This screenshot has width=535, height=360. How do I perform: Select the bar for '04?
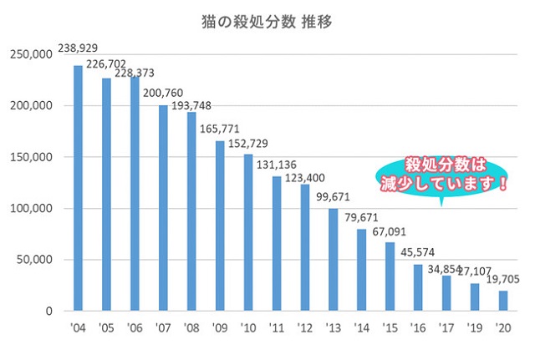pyautogui.click(x=78, y=188)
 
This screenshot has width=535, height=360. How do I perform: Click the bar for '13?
pyautogui.click(x=333, y=259)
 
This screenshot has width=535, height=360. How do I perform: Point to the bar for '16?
pyautogui.click(x=418, y=287)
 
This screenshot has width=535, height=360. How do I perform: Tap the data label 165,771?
pyautogui.click(x=220, y=129)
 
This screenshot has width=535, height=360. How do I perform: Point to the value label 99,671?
pyautogui.click(x=334, y=198)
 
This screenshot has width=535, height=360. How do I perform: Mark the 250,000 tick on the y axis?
pyautogui.click(x=32, y=55)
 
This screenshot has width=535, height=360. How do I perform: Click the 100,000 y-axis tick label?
pyautogui.click(x=32, y=209)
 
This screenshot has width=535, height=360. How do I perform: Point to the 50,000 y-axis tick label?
pyautogui.click(x=35, y=260)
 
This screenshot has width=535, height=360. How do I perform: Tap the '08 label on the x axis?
pyautogui.click(x=191, y=327)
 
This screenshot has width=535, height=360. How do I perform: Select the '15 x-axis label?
pyautogui.click(x=390, y=327)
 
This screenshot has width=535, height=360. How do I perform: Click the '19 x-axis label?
pyautogui.click(x=474, y=327)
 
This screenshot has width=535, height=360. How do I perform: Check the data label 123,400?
pyautogui.click(x=306, y=178)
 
